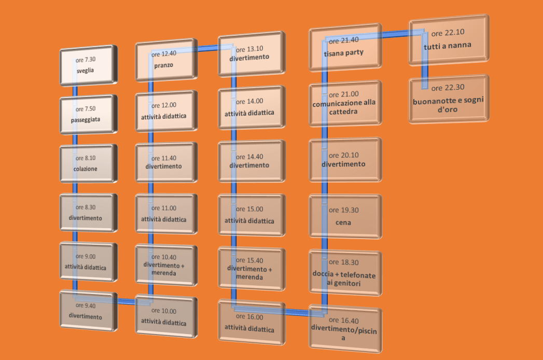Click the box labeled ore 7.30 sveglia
pyautogui.click(x=88, y=66)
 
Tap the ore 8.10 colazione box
pyautogui.click(x=88, y=164)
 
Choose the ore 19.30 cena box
pyautogui.click(x=345, y=217)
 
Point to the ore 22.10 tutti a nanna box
pyautogui.click(x=449, y=39)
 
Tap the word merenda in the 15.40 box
pyautogui.click(x=248, y=278)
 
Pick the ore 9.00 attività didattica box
pyautogui.click(x=88, y=262)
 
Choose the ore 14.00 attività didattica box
pyautogui.click(x=251, y=108)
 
